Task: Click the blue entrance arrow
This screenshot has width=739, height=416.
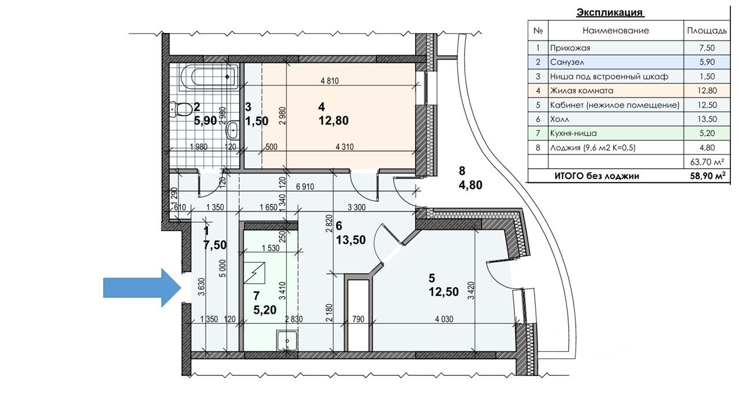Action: point(143,288)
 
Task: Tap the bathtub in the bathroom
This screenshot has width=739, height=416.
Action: point(209,77)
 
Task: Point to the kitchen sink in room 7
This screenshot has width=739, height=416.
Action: point(287,341)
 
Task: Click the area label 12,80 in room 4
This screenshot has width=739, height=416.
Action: point(334,121)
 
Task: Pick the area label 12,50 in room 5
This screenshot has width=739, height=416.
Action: point(443,292)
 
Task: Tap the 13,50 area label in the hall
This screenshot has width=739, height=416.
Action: point(350,240)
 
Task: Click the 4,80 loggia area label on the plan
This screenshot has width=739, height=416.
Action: point(471,185)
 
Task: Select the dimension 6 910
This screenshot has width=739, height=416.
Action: point(305,187)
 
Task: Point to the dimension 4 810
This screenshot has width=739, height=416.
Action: point(330,80)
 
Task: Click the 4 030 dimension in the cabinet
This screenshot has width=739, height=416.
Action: point(444,319)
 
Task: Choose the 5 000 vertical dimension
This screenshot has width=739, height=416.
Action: point(223,268)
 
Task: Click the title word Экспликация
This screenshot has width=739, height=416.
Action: point(610,13)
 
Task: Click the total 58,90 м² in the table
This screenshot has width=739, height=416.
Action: point(708,176)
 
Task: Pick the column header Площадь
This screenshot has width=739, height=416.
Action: point(707,31)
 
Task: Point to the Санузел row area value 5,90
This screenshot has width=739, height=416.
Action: point(707,62)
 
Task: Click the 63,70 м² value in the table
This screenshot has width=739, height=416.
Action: point(707,162)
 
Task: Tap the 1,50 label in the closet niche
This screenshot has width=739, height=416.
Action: point(257,121)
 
